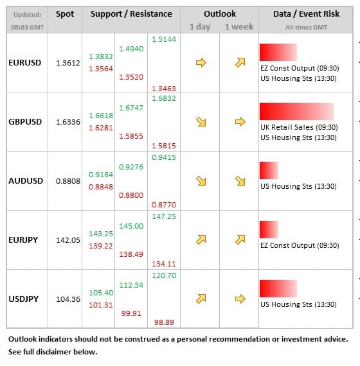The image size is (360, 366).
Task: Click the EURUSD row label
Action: tap(25, 63)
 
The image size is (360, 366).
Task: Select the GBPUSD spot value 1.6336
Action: tap(68, 122)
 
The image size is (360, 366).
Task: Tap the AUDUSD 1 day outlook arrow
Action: tap(201, 180)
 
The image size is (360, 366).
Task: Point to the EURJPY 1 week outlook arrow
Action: tap(240, 240)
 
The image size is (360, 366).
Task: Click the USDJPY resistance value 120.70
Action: tap(164, 275)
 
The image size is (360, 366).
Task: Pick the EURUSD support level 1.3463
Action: tap(164, 89)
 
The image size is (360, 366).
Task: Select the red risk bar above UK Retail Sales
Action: tap(296, 111)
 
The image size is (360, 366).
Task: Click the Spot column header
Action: tap(65, 14)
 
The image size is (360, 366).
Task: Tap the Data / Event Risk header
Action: tap(306, 13)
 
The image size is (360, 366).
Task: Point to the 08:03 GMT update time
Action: tap(28, 28)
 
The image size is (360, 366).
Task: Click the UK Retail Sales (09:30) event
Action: tap(299, 127)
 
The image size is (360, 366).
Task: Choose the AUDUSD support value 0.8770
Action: tap(164, 205)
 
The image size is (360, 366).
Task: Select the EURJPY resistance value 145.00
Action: tap(131, 226)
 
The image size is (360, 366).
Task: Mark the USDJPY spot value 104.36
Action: tap(68, 299)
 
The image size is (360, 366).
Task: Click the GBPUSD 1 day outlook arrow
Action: tap(201, 121)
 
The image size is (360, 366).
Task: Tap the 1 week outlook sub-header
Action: tap(239, 26)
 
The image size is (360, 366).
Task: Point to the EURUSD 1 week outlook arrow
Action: tap(240, 62)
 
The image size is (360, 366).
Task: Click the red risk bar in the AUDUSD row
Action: tap(269, 170)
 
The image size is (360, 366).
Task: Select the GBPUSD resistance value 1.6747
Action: tap(131, 108)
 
